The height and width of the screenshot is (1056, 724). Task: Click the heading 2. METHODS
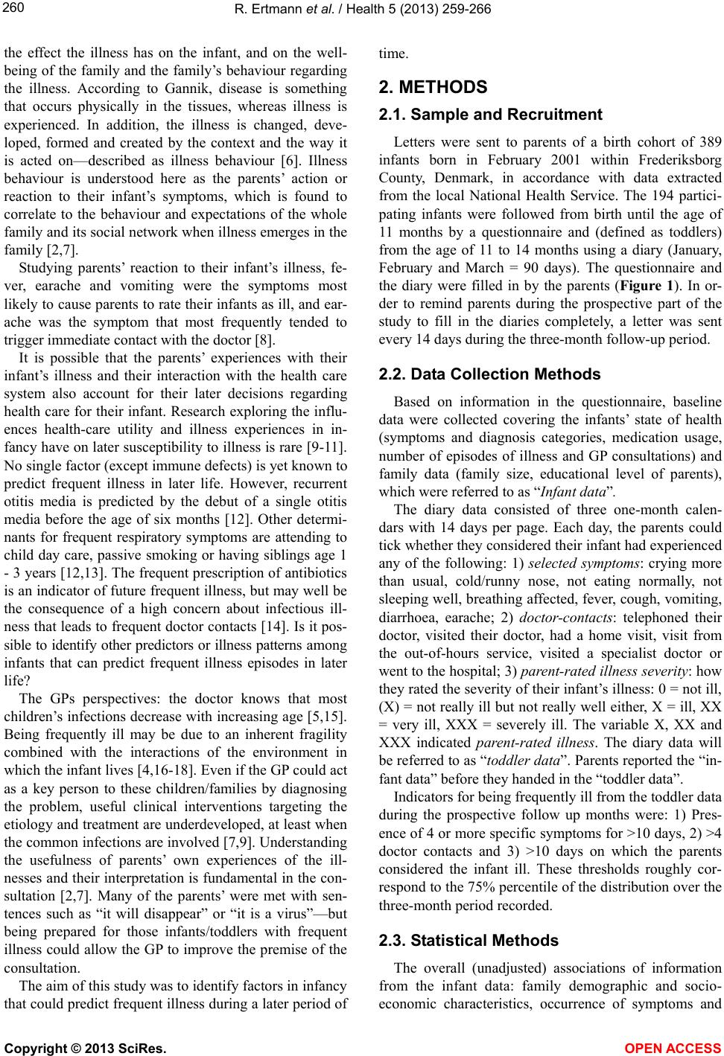click(x=433, y=87)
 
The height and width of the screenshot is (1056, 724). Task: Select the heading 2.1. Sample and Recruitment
click(x=490, y=115)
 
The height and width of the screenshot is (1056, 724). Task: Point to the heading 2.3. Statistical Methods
click(x=469, y=941)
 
